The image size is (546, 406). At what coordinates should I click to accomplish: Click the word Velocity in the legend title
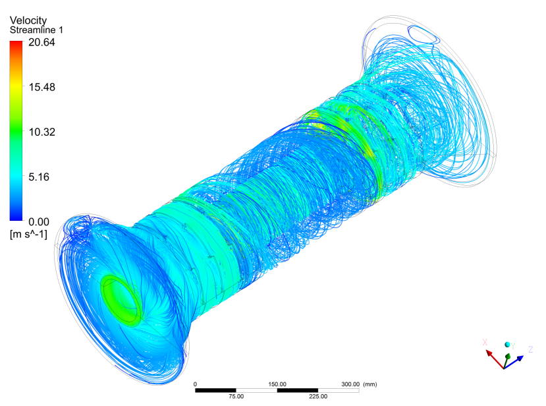(x=28, y=20)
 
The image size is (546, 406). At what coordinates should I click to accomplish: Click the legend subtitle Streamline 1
(x=37, y=30)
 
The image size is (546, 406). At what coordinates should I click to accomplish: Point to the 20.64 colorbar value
(x=41, y=42)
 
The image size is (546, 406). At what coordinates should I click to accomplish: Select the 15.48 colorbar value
(x=41, y=87)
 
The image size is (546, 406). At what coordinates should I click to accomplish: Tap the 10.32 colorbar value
(x=41, y=132)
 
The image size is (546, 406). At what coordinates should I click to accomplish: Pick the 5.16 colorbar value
(x=39, y=177)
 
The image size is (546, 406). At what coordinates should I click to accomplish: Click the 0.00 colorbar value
(x=39, y=222)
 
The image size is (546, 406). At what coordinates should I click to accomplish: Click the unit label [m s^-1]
(x=28, y=234)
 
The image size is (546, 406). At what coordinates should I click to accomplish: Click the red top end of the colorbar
(x=16, y=43)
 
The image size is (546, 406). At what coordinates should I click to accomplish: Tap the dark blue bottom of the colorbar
(x=16, y=218)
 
